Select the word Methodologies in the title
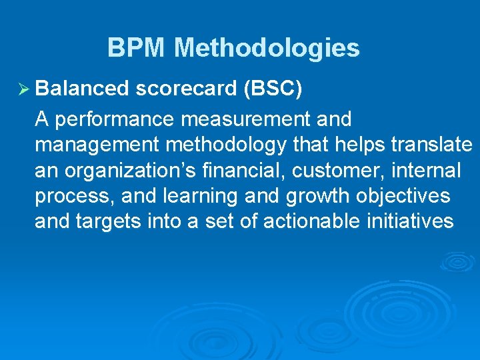267,48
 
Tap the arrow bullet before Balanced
20,89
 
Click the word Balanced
82,89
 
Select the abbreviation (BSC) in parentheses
274,89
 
